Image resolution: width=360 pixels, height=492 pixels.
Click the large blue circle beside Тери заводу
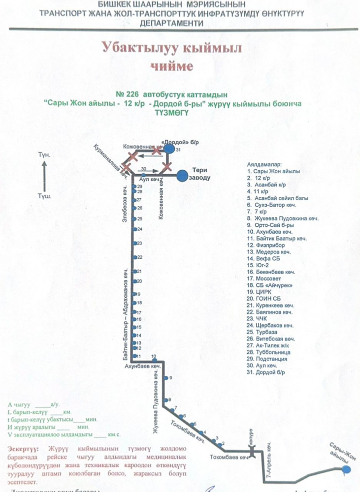[x=183, y=175]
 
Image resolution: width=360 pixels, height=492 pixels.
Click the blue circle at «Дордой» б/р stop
[x=169, y=149]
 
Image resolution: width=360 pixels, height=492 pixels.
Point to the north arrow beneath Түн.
[x=44, y=174]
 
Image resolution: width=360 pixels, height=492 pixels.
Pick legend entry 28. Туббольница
[x=268, y=352]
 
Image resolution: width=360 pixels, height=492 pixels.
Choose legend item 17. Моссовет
[x=266, y=278]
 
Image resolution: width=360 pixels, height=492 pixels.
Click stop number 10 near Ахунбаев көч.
[x=154, y=356]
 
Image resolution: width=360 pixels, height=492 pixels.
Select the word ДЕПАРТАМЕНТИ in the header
[x=179, y=23]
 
